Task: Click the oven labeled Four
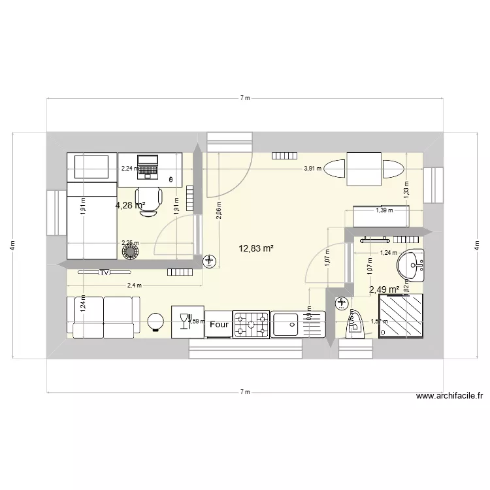tap(219, 323)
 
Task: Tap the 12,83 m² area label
tap(257, 248)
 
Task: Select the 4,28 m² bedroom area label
tap(130, 205)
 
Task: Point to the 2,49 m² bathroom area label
tap(384, 290)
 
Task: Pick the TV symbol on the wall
tap(104, 272)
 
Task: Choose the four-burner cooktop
tap(252, 323)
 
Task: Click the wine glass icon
tap(182, 319)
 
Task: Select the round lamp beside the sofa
tap(155, 321)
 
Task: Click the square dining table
tap(364, 169)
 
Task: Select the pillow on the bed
tap(91, 167)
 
